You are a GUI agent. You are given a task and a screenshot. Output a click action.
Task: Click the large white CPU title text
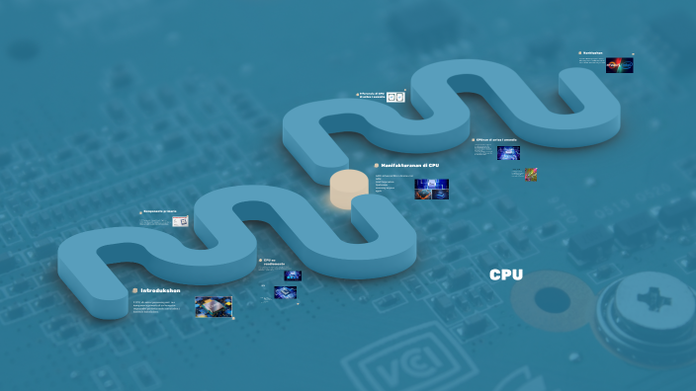pos(506,275)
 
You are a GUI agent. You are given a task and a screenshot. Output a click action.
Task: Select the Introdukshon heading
pos(161,290)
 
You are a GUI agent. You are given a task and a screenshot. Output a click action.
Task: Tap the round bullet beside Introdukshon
pos(134,290)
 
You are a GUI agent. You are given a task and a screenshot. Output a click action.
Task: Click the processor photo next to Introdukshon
pos(213,306)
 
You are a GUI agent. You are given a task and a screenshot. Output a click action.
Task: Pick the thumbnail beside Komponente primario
pos(181,222)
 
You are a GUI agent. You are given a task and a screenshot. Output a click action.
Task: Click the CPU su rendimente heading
pos(274,263)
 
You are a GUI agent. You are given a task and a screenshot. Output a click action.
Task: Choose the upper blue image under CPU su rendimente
pos(292,276)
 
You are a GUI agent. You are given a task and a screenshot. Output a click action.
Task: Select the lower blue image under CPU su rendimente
pos(285,292)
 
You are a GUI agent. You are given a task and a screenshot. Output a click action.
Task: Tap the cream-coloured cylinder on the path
pos(348,189)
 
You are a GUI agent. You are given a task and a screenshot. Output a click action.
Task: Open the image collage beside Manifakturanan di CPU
pos(431,189)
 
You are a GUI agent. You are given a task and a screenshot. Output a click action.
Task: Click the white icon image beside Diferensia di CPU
pos(395,97)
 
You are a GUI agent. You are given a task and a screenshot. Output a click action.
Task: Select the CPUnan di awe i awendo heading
pos(497,140)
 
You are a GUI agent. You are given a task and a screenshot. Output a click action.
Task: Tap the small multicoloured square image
pos(531,174)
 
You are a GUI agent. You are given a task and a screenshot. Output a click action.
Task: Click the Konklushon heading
pos(593,53)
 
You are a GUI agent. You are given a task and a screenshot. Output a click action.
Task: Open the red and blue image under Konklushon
pos(619,65)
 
